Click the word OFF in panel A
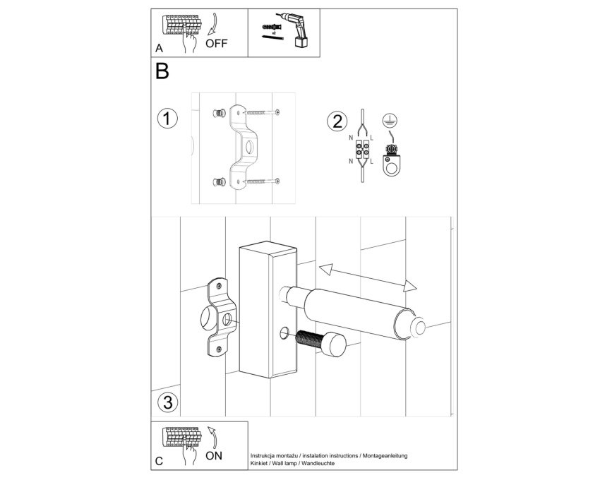(x=216, y=43)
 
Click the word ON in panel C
(x=213, y=455)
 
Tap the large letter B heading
(x=162, y=71)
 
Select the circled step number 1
(x=167, y=119)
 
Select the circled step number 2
(x=337, y=121)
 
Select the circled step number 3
(x=168, y=402)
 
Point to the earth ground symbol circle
(x=390, y=121)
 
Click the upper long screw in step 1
(x=263, y=112)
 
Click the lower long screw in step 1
(x=263, y=181)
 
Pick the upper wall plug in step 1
(x=219, y=114)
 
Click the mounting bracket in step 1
(x=244, y=148)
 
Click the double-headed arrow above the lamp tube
(x=367, y=277)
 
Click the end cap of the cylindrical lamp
(x=416, y=328)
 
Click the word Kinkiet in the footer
(x=259, y=463)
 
